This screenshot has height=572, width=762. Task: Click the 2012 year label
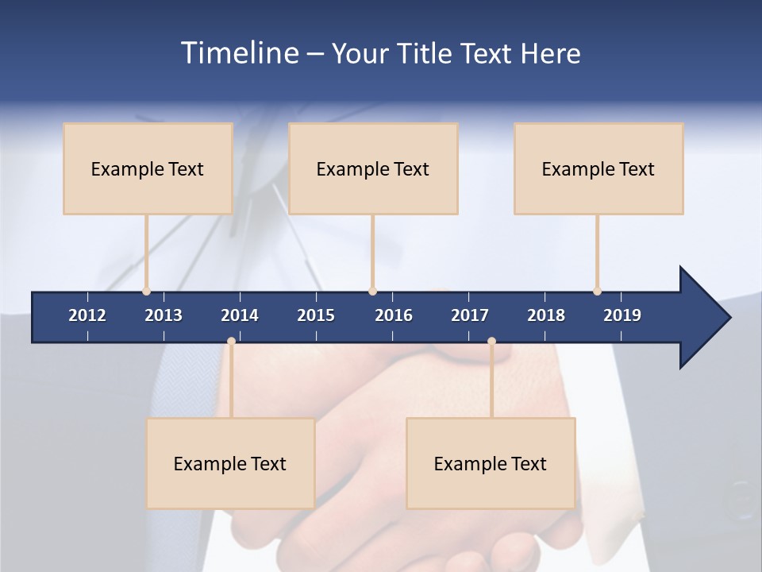click(87, 315)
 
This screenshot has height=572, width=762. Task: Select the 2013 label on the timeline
click(164, 315)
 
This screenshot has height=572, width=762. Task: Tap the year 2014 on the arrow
click(240, 315)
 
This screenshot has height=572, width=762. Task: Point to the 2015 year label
click(316, 315)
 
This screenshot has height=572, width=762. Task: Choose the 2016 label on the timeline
click(394, 315)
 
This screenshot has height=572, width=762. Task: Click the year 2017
click(470, 315)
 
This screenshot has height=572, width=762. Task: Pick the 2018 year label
click(546, 315)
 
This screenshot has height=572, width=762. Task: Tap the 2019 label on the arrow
click(622, 315)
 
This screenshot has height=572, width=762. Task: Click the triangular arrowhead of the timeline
click(702, 318)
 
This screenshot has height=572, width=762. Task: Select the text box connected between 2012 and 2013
click(148, 168)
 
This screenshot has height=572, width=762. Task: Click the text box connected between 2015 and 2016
click(373, 168)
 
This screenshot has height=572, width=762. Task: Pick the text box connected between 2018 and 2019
click(598, 168)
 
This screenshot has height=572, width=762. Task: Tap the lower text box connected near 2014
click(230, 463)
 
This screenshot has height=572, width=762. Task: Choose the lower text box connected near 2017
click(491, 463)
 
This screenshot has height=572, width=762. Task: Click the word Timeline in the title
click(239, 53)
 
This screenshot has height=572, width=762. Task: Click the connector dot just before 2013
click(146, 292)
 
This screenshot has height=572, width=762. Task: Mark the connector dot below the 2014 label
click(231, 342)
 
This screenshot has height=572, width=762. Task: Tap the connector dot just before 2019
click(597, 292)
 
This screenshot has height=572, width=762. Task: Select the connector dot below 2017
click(491, 342)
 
